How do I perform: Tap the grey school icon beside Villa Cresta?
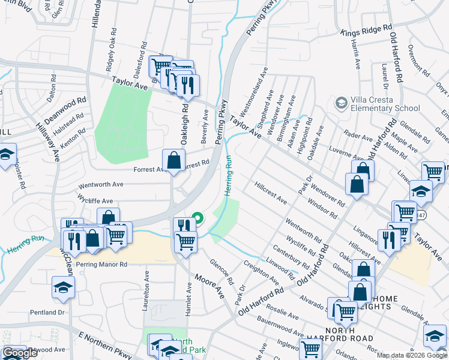pos(342,103)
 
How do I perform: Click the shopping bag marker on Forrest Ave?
pos(173,161)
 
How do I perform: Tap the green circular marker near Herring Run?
pos(196,217)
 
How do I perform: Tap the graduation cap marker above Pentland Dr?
pos(63,288)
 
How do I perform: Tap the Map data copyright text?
pos(411,355)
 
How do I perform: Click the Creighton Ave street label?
pos(261,272)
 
